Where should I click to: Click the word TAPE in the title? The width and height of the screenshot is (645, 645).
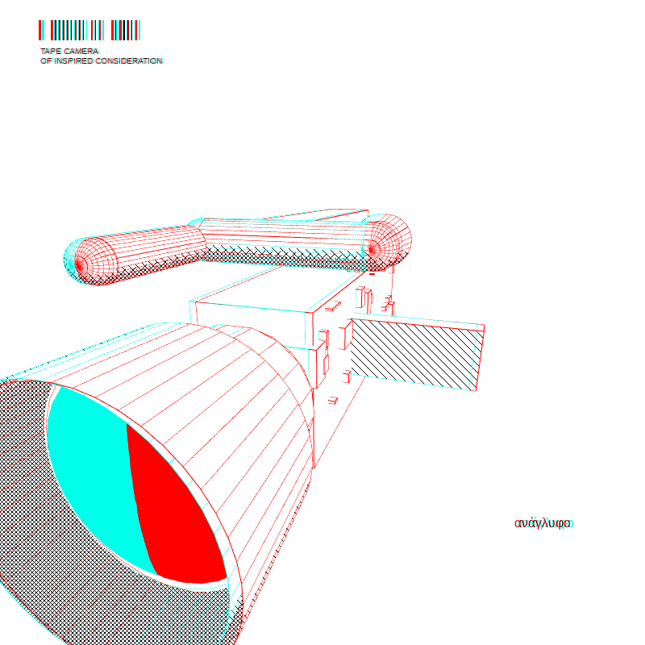click(x=51, y=51)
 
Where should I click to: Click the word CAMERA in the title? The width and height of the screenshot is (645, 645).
click(x=81, y=51)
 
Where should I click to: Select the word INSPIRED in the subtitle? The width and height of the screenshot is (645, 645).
click(x=73, y=61)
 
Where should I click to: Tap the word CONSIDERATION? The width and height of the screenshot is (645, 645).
click(x=129, y=61)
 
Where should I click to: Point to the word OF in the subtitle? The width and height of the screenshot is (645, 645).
click(x=46, y=61)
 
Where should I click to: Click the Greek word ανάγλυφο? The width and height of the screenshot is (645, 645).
click(x=543, y=523)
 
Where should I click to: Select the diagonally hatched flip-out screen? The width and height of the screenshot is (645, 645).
click(x=415, y=354)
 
